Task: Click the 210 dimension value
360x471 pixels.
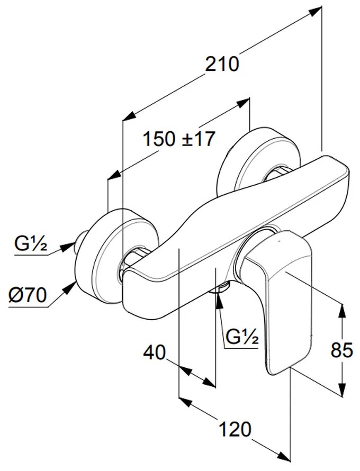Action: [x=223, y=64]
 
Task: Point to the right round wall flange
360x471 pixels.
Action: [x=257, y=159]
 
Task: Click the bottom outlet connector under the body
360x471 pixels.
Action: [x=221, y=287]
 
